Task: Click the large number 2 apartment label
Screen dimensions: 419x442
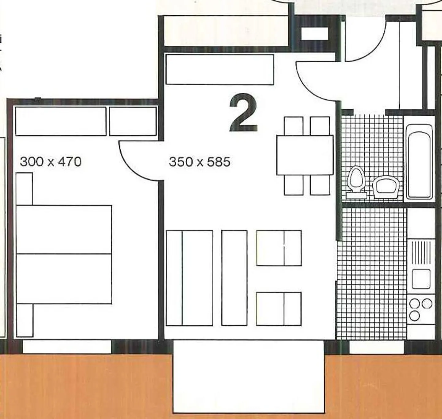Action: [x=243, y=113]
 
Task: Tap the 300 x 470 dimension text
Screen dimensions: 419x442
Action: [x=51, y=161]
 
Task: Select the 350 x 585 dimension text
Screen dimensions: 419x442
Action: [x=200, y=162]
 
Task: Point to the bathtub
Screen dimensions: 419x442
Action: [x=419, y=161]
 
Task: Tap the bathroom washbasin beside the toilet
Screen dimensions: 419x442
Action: [x=386, y=186]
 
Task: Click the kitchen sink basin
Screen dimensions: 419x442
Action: [x=421, y=279]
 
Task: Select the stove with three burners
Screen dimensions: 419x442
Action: [x=421, y=309]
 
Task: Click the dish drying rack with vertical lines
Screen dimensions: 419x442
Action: [x=421, y=252]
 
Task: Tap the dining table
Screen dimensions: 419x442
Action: [x=305, y=155]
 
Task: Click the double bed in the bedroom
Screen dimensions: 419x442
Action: [x=64, y=254]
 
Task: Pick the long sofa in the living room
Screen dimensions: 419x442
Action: [x=189, y=278]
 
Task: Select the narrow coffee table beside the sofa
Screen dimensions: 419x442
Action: [x=234, y=278]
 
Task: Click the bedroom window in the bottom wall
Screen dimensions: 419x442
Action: [x=67, y=347]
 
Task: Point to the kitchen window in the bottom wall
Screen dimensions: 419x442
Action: [x=377, y=347]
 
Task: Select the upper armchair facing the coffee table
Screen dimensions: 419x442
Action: [x=279, y=248]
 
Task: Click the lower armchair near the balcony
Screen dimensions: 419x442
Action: [x=279, y=308]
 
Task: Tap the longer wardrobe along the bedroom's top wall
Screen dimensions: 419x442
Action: [x=61, y=121]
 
